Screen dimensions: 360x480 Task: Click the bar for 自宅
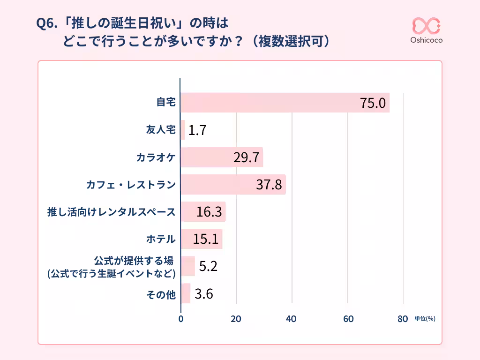[285, 103]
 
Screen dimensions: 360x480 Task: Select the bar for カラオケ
[221, 157]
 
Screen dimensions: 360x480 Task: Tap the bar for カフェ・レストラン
[233, 185]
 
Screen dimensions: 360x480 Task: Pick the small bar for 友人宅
[183, 130]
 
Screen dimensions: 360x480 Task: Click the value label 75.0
[373, 103]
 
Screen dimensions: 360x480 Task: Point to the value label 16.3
[209, 212]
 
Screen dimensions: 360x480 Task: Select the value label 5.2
[208, 266]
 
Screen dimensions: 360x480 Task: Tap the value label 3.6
[204, 294]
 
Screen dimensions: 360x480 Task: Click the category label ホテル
[161, 240]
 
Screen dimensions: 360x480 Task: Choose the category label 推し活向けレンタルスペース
[112, 212]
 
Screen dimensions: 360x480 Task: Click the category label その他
[161, 294]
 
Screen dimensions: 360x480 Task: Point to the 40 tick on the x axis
[292, 319]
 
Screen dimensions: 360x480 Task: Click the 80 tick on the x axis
[402, 319]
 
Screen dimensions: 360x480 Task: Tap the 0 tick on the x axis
[181, 319]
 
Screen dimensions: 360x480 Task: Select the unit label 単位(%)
[425, 319]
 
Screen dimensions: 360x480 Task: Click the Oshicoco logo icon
[426, 26]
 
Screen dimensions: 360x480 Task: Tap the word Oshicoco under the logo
[426, 40]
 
